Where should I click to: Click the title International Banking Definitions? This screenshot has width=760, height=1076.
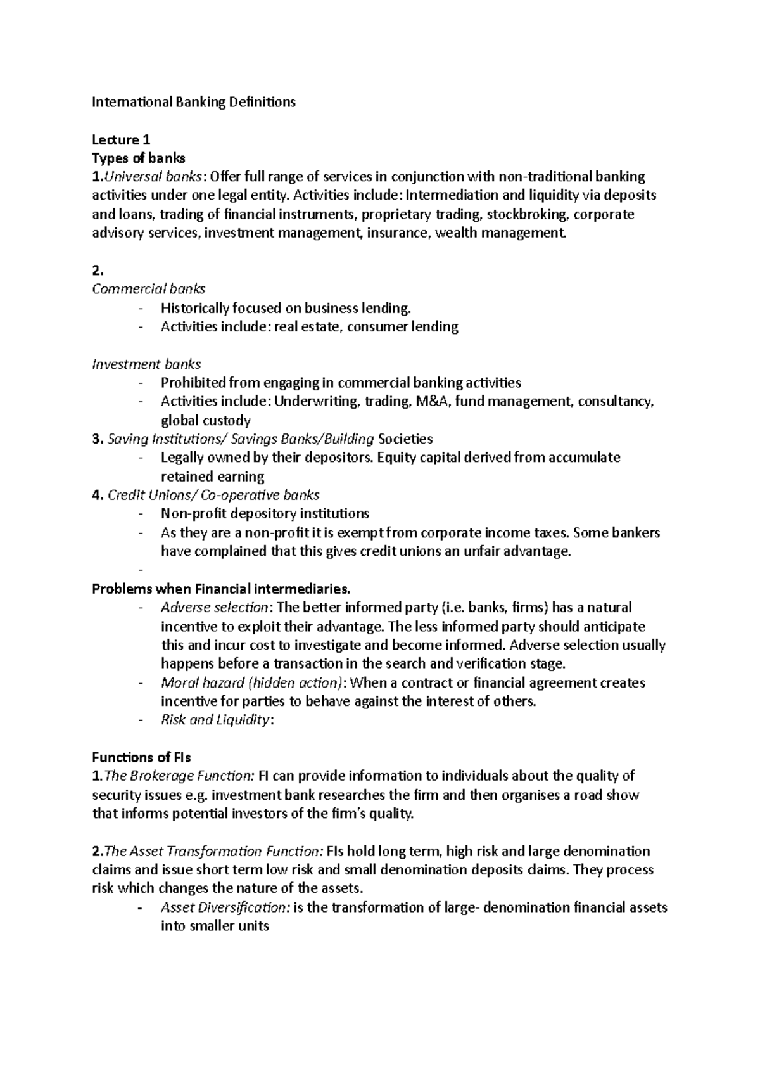click(x=194, y=102)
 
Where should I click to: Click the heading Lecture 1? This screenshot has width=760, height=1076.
click(x=121, y=139)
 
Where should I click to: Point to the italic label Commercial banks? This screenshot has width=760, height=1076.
click(x=149, y=289)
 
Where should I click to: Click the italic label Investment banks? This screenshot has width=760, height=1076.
click(x=146, y=364)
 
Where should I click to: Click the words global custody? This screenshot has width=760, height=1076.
click(x=206, y=420)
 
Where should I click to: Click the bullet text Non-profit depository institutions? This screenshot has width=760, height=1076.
click(x=265, y=513)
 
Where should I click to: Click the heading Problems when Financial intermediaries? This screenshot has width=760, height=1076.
click(x=221, y=589)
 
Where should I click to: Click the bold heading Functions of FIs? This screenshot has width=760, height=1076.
click(x=141, y=757)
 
